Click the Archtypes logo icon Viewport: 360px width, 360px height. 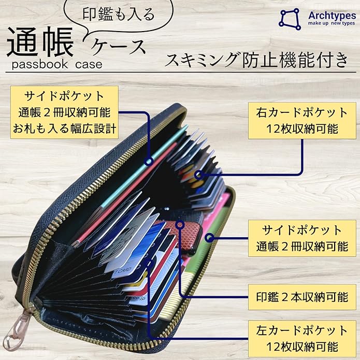click(290, 18)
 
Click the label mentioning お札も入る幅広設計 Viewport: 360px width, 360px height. click(64, 113)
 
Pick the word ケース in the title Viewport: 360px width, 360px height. click(119, 47)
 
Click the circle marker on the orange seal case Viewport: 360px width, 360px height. click(180, 225)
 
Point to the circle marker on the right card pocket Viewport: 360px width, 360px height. click(199, 176)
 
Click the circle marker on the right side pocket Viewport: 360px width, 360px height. click(210, 238)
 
